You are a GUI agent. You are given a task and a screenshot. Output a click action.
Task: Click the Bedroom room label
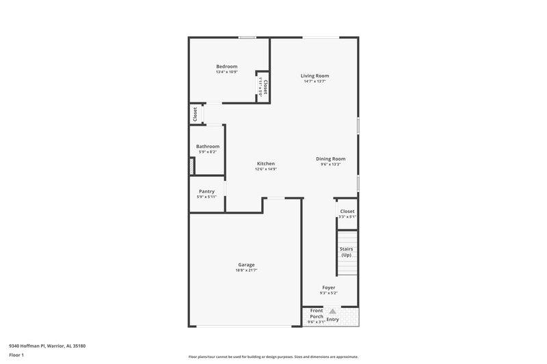pyautogui.click(x=226, y=66)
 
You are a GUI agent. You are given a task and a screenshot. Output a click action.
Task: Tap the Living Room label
pyautogui.click(x=315, y=76)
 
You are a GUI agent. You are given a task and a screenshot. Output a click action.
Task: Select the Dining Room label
pyautogui.click(x=330, y=158)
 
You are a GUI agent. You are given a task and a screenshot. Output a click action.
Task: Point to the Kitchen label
pyautogui.click(x=266, y=163)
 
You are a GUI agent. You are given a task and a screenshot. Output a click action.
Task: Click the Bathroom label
pyautogui.click(x=208, y=146)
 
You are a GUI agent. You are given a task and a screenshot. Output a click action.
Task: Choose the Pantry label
pyautogui.click(x=206, y=191)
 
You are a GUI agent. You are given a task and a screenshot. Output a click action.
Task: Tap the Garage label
pyautogui.click(x=246, y=264)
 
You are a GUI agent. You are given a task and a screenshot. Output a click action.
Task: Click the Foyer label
pyautogui.click(x=329, y=288)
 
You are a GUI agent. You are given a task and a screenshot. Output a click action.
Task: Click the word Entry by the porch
pyautogui.click(x=333, y=319)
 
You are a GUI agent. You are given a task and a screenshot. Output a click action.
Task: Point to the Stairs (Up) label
pyautogui.click(x=346, y=252)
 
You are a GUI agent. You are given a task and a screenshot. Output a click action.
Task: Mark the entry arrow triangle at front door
pyautogui.click(x=333, y=311)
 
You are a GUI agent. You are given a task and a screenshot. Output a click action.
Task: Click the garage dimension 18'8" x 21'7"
pyautogui.click(x=246, y=270)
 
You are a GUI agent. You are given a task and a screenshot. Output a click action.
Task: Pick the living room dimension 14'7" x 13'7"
pyautogui.click(x=315, y=81)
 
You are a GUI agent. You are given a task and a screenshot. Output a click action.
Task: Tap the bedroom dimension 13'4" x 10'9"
pyautogui.click(x=226, y=72)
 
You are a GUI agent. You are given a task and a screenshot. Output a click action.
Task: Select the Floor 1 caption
pyautogui.click(x=16, y=356)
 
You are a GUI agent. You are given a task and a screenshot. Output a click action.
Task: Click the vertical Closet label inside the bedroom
pyautogui.click(x=265, y=87)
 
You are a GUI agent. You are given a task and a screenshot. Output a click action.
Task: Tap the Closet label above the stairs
pyautogui.click(x=347, y=211)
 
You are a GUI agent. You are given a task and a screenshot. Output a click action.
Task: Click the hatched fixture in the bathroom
pyautogui.click(x=192, y=166)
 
